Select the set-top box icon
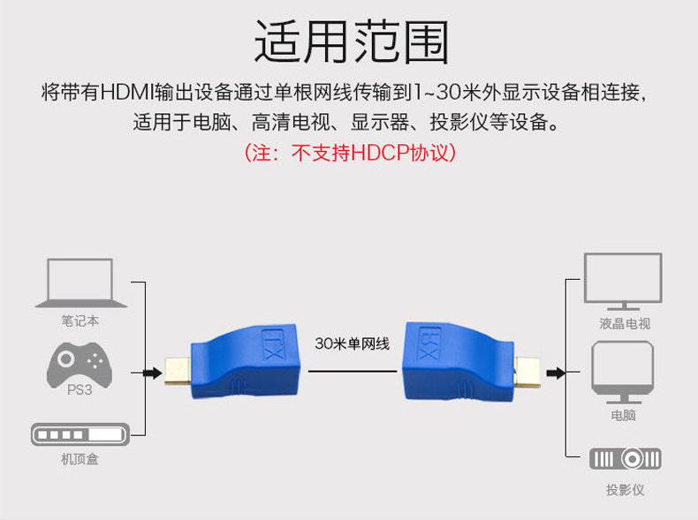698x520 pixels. point(80,434)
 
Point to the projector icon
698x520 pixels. point(625,458)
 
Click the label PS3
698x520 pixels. point(80,389)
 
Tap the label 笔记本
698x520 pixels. point(80,321)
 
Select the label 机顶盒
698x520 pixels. point(80,459)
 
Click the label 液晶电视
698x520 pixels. point(624,324)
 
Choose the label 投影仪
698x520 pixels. point(625,489)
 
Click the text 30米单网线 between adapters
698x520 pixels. point(352,344)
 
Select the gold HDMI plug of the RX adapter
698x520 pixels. point(528,373)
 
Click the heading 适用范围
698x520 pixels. point(351,42)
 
